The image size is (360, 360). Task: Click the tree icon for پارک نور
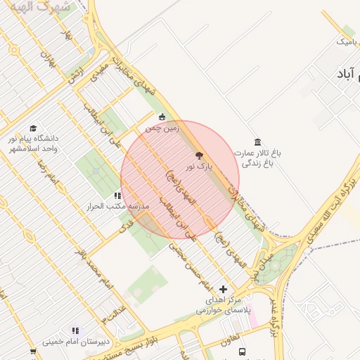199,155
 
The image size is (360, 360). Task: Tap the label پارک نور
199,167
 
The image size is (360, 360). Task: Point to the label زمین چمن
162,129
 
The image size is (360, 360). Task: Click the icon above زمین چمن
162,117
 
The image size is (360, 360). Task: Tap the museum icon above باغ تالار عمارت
258,141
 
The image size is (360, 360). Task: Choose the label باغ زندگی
257,163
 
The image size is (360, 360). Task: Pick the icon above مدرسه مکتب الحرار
117,195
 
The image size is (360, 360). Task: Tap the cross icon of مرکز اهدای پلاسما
224,289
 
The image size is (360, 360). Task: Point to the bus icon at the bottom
242,352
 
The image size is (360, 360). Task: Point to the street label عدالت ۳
114,310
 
